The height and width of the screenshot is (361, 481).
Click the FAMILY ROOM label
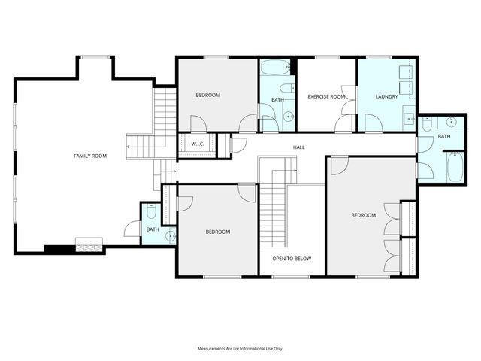(90, 156)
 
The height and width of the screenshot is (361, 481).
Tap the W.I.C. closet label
(198, 144)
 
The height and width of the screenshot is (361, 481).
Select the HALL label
(298, 147)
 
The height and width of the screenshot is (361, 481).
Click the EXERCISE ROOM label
(326, 97)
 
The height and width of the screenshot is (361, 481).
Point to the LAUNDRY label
(386, 97)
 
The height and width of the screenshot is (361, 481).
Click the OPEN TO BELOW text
(292, 259)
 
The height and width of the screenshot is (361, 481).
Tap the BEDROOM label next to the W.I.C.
(207, 95)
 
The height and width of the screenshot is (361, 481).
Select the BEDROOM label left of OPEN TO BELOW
(218, 232)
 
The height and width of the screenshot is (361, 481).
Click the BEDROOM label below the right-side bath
(363, 216)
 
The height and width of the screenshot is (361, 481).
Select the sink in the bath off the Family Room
(169, 235)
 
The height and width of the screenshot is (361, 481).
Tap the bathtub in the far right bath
(457, 166)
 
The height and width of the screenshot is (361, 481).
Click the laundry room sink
(409, 118)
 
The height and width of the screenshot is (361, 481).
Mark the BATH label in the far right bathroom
(444, 136)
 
